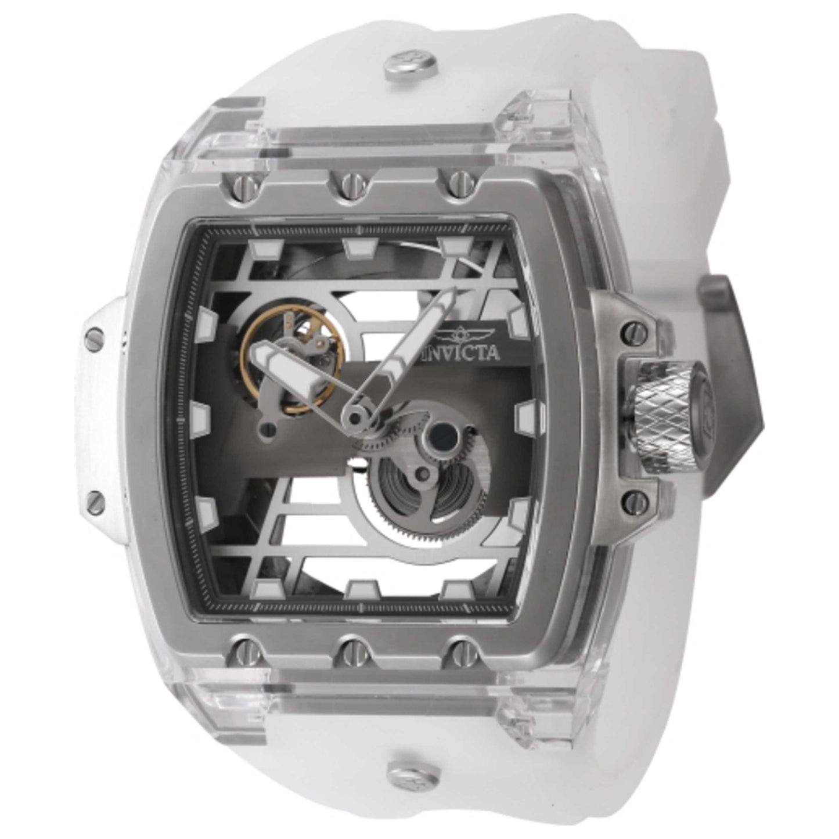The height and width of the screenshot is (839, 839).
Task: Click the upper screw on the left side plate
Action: pyautogui.click(x=96, y=335)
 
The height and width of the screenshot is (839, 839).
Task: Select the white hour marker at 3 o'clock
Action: pyautogui.click(x=525, y=416)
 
